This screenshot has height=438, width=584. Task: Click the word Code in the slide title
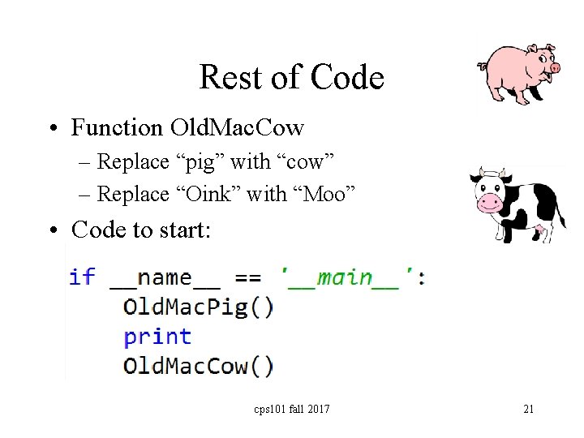click(x=348, y=78)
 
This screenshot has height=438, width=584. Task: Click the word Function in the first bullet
click(x=117, y=128)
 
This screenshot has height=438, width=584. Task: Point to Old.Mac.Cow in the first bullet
click(x=237, y=128)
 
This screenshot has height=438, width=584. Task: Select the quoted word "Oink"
click(x=205, y=194)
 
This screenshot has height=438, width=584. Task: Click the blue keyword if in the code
click(x=82, y=277)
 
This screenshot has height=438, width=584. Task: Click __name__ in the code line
click(x=165, y=278)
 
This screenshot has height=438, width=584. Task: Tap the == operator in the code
click(x=247, y=278)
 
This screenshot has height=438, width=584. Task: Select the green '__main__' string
click(x=352, y=278)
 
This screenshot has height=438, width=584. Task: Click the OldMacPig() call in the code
click(x=198, y=307)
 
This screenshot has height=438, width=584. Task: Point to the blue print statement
click(x=157, y=337)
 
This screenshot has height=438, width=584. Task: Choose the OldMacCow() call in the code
click(x=198, y=366)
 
